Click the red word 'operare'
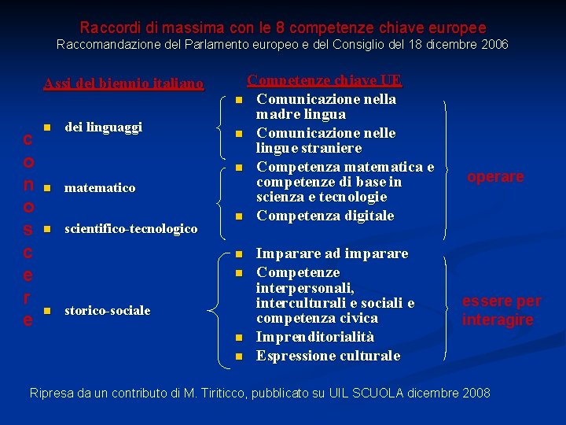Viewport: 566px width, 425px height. [x=495, y=177]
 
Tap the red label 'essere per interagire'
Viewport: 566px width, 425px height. [x=501, y=310]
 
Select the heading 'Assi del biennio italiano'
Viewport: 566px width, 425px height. [x=123, y=83]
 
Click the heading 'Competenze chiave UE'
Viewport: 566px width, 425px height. [x=325, y=80]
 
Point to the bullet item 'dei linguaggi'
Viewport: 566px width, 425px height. [x=103, y=126]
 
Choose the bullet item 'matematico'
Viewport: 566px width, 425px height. [x=100, y=188]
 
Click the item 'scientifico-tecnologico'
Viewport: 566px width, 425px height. [x=130, y=228]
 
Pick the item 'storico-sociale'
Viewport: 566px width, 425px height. [x=107, y=310]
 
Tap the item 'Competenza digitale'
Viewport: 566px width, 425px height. [x=325, y=216]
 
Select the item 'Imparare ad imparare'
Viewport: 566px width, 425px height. [x=333, y=253]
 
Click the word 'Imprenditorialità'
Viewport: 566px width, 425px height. [x=315, y=337]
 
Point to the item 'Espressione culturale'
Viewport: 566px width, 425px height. [x=328, y=356]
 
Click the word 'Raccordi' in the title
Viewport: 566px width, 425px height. [x=105, y=28]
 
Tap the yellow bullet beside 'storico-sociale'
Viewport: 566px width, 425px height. [x=47, y=310]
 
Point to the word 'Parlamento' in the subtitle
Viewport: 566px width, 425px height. [x=224, y=45]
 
